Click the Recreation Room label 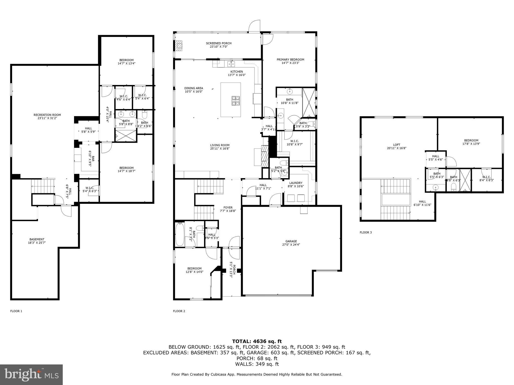tap(47, 115)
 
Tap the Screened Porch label tap(219, 43)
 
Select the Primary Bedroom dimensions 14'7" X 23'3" tap(290, 63)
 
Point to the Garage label tap(291, 241)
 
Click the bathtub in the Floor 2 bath tap(179, 234)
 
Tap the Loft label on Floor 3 tap(397, 145)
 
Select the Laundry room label tap(296, 183)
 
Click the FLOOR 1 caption tap(16, 311)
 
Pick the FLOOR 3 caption tap(366, 232)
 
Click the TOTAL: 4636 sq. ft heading tap(257, 341)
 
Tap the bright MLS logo tap(31, 374)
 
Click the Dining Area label tap(194, 88)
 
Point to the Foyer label tap(228, 208)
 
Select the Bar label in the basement tap(93, 158)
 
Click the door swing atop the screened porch tap(254, 26)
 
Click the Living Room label tap(220, 145)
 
